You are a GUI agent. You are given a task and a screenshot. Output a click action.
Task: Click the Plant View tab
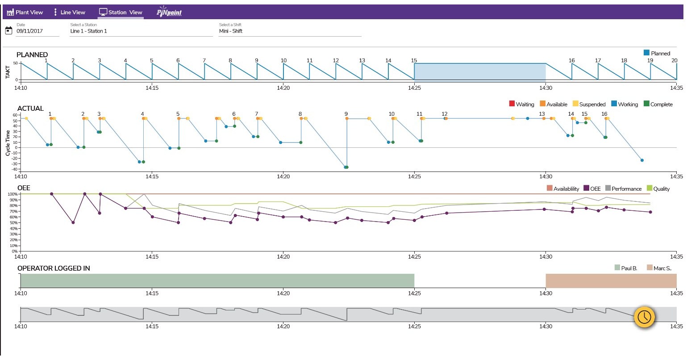click(x=25, y=12)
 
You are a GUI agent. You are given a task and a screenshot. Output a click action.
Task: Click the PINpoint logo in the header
click(x=169, y=12)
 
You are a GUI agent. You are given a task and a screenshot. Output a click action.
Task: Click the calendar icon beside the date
click(x=8, y=30)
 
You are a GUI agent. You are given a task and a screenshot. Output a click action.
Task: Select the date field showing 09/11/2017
click(x=37, y=31)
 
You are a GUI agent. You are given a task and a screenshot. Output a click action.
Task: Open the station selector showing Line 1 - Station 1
click(x=141, y=31)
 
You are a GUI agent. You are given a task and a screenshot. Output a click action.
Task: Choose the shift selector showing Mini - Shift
click(x=289, y=31)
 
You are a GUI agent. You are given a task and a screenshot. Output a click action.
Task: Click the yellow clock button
click(x=644, y=317)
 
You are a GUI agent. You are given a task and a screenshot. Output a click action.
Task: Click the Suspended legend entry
click(x=589, y=104)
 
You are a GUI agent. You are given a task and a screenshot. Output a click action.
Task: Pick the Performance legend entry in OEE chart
click(x=623, y=188)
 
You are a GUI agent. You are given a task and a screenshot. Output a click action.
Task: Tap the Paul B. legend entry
click(x=626, y=268)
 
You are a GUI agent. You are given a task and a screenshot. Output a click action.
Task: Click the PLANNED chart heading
click(x=32, y=54)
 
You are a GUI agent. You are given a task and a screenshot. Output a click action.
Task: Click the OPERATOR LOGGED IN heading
click(x=54, y=268)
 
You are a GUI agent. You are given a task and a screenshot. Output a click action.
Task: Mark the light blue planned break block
click(x=480, y=72)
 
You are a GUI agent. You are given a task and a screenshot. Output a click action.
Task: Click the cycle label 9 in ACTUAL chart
click(x=346, y=114)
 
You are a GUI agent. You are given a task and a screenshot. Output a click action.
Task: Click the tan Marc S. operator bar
click(x=611, y=281)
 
